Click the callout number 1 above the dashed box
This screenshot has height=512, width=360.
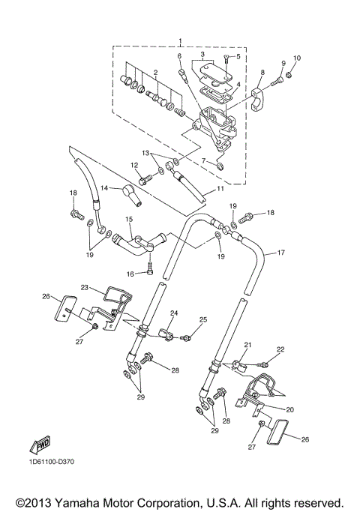pyautogui.click(x=180, y=40)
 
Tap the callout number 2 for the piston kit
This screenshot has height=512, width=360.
pyautogui.click(x=155, y=73)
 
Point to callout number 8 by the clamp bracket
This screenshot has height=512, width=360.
pyautogui.click(x=262, y=73)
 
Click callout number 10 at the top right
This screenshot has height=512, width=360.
pyautogui.click(x=296, y=58)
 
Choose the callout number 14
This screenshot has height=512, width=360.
pyautogui.click(x=105, y=187)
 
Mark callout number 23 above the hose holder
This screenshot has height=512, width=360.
pyautogui.click(x=85, y=286)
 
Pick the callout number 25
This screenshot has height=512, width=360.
pyautogui.click(x=202, y=321)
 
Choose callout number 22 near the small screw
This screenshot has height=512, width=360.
pyautogui.click(x=280, y=349)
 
